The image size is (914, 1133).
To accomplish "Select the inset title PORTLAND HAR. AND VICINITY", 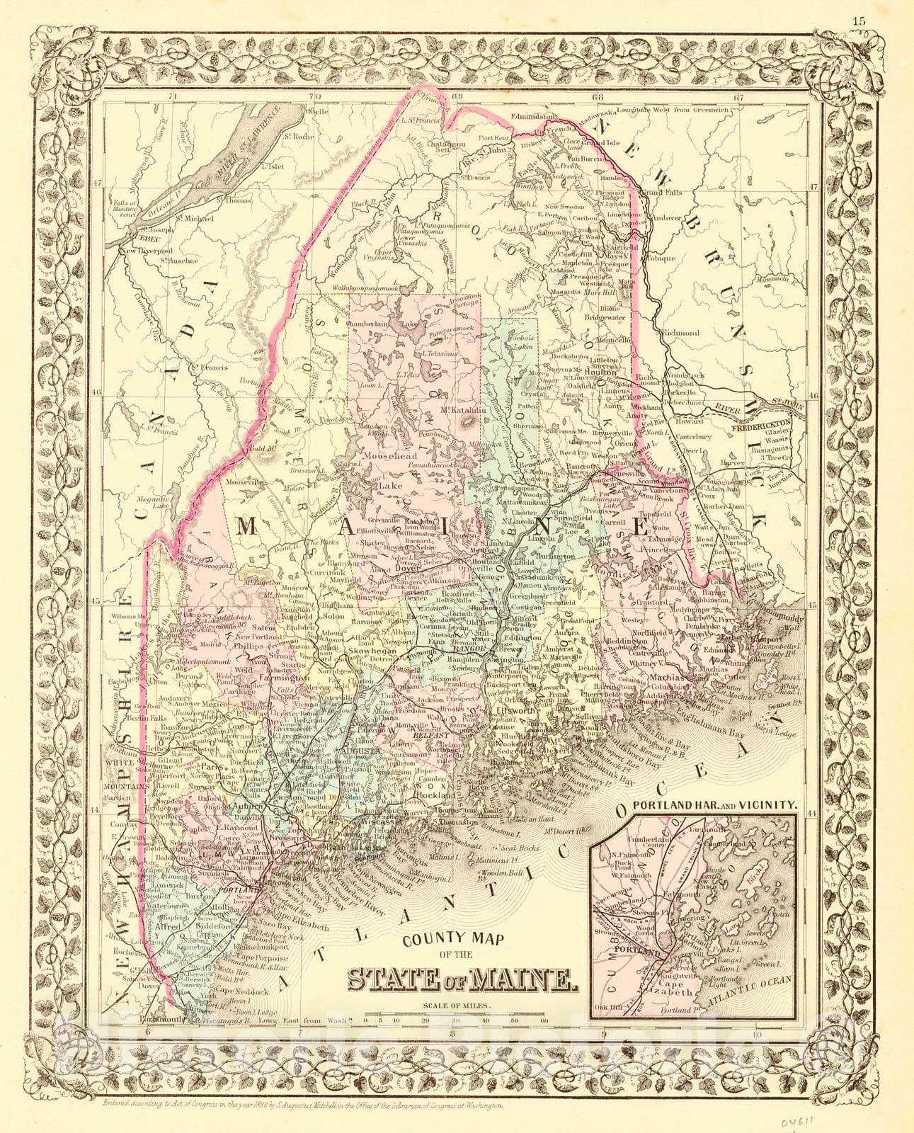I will tap(717, 805).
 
